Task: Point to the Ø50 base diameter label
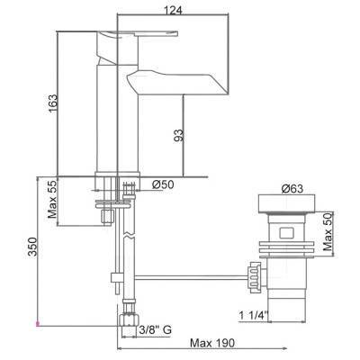164,185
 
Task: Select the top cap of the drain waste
285,203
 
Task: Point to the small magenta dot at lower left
37,322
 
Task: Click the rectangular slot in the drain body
285,234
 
